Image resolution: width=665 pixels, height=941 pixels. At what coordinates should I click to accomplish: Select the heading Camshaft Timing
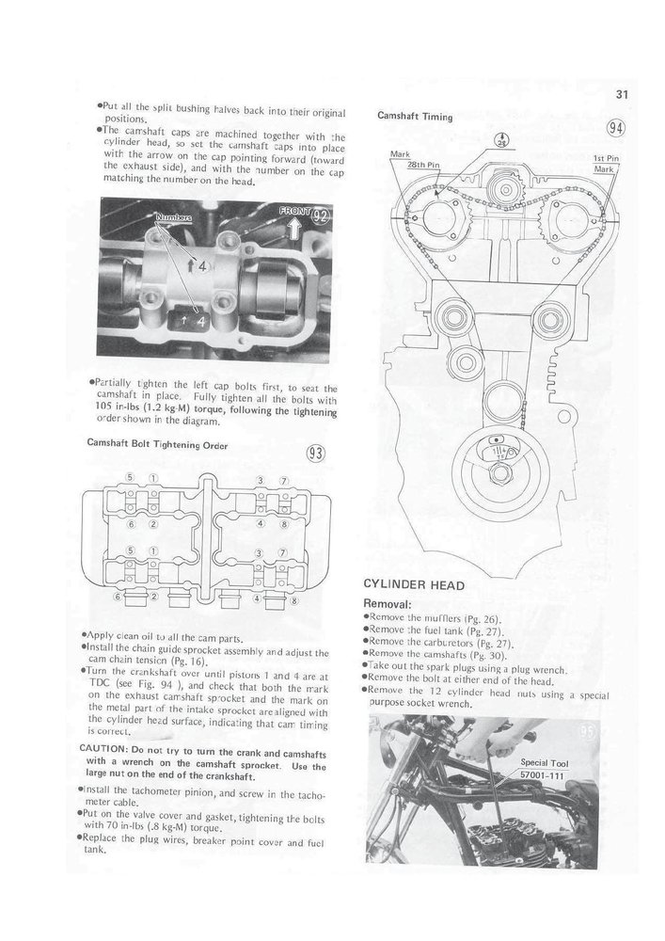tap(415, 117)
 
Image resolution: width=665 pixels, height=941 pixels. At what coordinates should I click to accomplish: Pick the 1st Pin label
tap(604, 158)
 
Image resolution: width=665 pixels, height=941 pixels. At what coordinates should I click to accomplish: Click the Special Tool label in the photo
tap(547, 762)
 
